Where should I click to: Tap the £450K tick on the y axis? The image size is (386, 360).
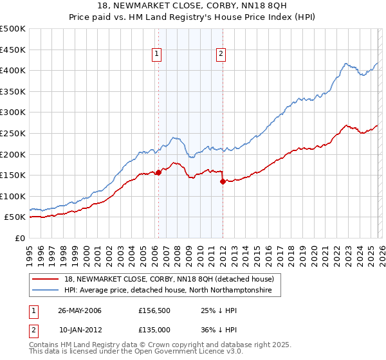13,50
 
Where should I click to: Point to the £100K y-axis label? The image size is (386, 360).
13,196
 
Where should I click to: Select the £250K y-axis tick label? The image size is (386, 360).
13,133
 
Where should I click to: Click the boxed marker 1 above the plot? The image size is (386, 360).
158,55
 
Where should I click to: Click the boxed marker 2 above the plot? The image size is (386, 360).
221,55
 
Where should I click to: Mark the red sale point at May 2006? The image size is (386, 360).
158,172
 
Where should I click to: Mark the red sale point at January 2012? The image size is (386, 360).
223,181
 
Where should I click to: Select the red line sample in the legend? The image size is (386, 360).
46,279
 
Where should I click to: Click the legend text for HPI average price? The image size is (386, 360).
169,291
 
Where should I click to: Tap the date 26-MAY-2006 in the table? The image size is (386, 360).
80,310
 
